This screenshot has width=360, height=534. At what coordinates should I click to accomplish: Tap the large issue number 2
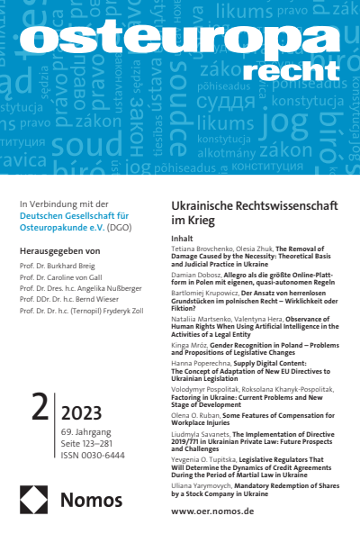[40, 421]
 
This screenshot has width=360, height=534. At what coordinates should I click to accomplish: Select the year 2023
[86, 414]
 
